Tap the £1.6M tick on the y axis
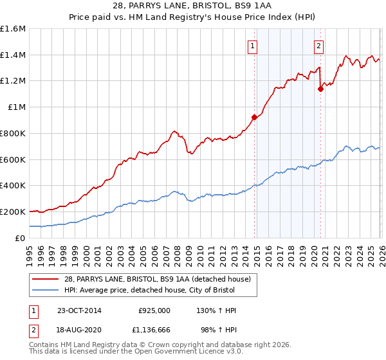coord(13,29)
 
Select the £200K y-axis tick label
coord(13,212)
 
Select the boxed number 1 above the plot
coord(252,46)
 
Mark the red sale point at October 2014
coord(254,117)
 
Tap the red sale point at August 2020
coord(320,89)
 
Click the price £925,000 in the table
coord(154,310)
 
